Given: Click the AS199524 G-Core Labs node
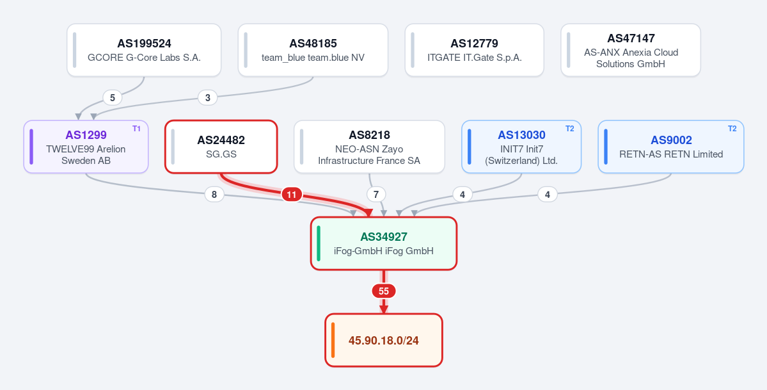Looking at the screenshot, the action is click(x=144, y=50).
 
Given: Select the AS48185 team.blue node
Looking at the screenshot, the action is click(x=313, y=50).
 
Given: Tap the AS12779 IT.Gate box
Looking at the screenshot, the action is click(x=475, y=50).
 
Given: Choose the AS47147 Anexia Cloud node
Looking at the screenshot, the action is click(x=631, y=50).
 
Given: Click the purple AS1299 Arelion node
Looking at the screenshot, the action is click(x=86, y=147).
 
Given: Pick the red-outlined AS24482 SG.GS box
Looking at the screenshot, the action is click(x=221, y=147).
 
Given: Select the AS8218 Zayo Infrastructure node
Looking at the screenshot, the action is click(x=369, y=147).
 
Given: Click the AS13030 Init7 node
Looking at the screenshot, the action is click(x=521, y=147).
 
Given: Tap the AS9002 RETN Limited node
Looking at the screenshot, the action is click(x=671, y=147).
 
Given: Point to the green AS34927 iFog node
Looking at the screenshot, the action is click(x=384, y=243).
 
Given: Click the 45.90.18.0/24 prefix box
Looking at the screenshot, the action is click(x=384, y=340).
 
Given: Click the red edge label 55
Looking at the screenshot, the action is click(x=384, y=291).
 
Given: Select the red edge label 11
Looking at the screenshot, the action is click(x=292, y=195).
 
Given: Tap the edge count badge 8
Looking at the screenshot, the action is click(x=214, y=195).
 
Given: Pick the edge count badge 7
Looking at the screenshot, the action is click(x=376, y=195).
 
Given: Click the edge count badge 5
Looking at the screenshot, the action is click(x=113, y=98).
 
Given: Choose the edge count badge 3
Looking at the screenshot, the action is click(x=208, y=98).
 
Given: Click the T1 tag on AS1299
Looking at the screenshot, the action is click(x=136, y=129).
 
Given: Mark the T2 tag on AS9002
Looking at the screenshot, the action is click(x=732, y=129).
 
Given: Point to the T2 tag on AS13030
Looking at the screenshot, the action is click(x=570, y=129).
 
